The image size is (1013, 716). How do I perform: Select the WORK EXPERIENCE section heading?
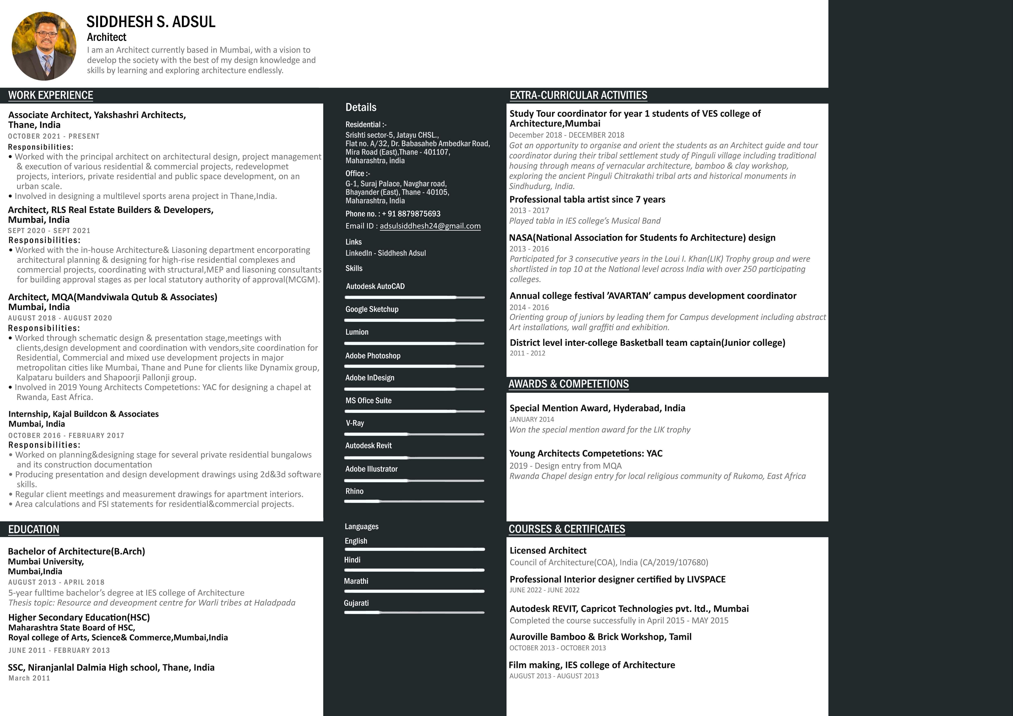(x=51, y=95)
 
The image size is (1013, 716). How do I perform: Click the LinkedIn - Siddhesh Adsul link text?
(x=386, y=253)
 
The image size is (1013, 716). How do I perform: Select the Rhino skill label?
(x=354, y=491)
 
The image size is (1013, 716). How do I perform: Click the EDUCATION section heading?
(x=33, y=529)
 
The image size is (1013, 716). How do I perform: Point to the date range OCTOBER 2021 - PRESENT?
(x=54, y=136)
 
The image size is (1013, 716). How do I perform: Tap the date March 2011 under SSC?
(x=29, y=678)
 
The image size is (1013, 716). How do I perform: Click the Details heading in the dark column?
(x=361, y=107)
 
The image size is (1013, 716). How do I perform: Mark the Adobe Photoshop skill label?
(x=373, y=356)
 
